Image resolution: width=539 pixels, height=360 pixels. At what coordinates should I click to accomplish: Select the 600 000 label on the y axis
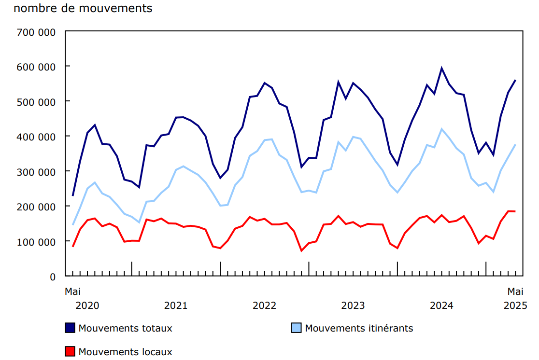tap(37, 67)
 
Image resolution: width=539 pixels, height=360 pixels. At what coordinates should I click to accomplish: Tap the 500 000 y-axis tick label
tap(37, 102)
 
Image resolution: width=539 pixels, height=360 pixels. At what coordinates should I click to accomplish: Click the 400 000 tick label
tap(37, 137)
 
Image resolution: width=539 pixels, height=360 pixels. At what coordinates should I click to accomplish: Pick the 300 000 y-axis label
tap(37, 172)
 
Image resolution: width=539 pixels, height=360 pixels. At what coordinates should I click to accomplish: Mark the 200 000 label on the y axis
tap(37, 207)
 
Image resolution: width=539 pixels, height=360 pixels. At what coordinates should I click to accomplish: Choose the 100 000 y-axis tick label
tap(37, 242)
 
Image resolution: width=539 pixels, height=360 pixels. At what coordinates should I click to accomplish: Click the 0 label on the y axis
tap(53, 277)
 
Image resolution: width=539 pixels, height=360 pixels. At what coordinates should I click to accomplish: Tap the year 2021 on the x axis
tap(176, 305)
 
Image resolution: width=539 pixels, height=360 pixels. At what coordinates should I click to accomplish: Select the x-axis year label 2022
tap(264, 305)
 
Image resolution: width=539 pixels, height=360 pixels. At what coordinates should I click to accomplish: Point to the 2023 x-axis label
tap(353, 305)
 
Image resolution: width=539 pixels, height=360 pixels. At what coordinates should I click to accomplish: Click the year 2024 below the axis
tap(441, 305)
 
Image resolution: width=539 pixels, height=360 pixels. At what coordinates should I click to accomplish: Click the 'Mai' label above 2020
tap(73, 291)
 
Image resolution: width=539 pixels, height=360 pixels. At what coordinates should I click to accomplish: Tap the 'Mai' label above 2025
tap(515, 291)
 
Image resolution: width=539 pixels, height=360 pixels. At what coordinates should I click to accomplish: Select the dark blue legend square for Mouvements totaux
tap(70, 328)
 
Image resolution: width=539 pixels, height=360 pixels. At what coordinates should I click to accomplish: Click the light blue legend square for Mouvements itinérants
tap(297, 328)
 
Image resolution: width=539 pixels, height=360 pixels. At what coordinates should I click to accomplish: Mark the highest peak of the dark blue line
tap(441, 68)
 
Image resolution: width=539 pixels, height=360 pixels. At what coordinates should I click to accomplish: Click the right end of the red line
tap(515, 211)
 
